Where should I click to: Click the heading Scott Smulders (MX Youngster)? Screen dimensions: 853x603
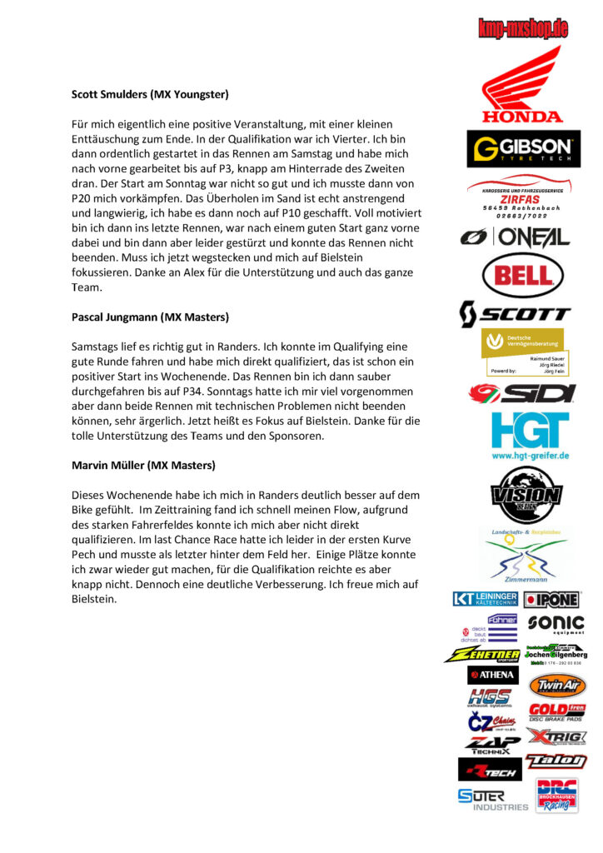150,94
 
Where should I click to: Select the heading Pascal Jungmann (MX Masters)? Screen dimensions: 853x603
150,317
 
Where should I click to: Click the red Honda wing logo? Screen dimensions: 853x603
522,83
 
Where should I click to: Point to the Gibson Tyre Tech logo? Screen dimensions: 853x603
523,148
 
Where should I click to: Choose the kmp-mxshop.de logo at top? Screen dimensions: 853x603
523,29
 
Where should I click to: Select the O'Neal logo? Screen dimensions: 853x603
516,237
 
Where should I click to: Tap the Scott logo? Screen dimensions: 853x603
516,314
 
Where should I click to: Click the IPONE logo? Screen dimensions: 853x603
552,599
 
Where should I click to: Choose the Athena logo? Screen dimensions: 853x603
493,675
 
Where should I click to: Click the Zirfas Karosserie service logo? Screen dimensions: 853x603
520,197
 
